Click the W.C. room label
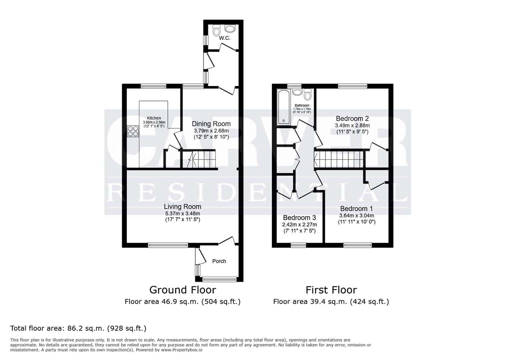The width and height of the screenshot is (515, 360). (x=224, y=38)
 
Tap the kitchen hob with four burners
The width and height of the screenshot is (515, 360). (x=133, y=131)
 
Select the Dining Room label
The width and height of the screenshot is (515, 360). (x=211, y=124)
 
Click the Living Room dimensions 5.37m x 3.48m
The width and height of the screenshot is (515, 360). (x=182, y=213)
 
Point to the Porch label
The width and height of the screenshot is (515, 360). (x=219, y=261)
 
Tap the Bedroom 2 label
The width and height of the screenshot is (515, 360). (x=352, y=118)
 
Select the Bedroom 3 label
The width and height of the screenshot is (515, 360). (x=299, y=217)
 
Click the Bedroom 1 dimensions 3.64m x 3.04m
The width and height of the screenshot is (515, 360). (x=357, y=215)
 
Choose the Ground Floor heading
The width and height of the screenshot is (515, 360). (x=182, y=290)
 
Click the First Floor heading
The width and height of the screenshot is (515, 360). (x=331, y=290)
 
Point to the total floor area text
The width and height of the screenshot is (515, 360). (x=78, y=328)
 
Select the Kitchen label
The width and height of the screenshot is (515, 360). (x=154, y=118)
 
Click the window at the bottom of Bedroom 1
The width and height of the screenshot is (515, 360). (x=358, y=245)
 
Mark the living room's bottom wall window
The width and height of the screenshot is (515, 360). (x=168, y=245)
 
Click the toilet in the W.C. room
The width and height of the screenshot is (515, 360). (x=217, y=32)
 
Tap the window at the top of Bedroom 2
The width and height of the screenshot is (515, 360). (x=353, y=86)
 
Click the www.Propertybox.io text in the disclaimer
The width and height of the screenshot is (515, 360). (x=182, y=350)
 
